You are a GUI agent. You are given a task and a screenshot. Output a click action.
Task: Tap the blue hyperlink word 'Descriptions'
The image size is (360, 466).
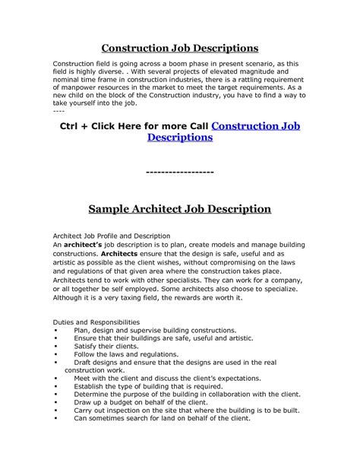pyautogui.click(x=180, y=138)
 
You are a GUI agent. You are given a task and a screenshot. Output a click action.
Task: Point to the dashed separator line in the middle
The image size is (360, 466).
pyautogui.click(x=179, y=172)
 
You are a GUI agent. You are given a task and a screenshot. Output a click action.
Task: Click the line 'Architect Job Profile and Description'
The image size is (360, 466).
pyautogui.click(x=111, y=236)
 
